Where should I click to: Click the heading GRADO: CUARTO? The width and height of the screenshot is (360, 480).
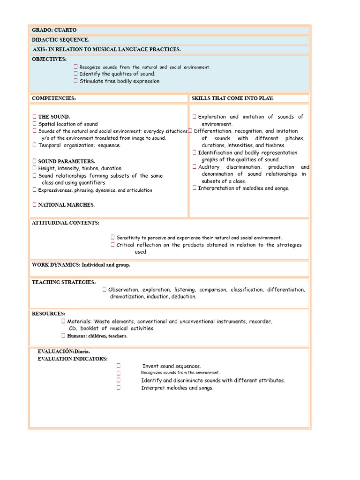click(x=54, y=30)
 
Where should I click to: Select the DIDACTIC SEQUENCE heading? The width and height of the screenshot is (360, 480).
click(x=60, y=40)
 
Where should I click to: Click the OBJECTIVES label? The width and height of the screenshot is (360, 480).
click(x=49, y=59)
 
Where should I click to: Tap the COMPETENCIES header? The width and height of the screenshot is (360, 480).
click(x=54, y=98)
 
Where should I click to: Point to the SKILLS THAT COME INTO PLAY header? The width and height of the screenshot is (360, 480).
click(x=233, y=98)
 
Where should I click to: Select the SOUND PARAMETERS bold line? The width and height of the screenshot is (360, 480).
click(x=67, y=161)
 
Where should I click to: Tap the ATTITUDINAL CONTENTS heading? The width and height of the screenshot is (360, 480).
click(x=66, y=223)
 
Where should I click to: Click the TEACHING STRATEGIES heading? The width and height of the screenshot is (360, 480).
click(x=64, y=282)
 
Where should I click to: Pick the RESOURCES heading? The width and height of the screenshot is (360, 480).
click(x=49, y=314)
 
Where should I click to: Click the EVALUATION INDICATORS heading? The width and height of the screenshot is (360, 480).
click(x=73, y=359)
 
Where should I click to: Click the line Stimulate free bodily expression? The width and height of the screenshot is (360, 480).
click(x=120, y=81)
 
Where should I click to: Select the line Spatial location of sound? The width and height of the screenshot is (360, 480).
click(x=68, y=124)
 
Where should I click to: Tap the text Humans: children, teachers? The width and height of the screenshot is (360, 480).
click(x=97, y=336)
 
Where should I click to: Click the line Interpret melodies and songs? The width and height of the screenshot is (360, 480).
click(x=177, y=388)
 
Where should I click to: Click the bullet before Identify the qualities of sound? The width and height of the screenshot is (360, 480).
click(x=75, y=74)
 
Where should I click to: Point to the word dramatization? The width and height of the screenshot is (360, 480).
click(x=127, y=297)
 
